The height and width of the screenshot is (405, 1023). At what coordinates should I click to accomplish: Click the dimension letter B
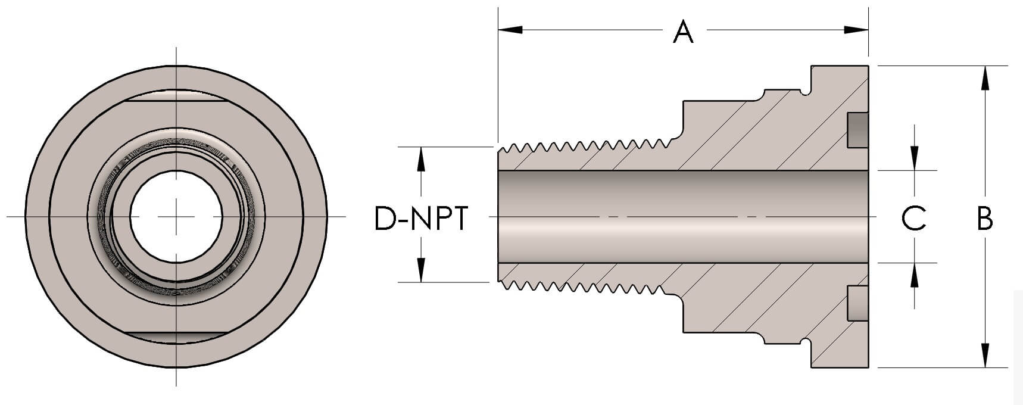point(985,219)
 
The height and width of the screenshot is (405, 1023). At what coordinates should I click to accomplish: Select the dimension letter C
point(913,219)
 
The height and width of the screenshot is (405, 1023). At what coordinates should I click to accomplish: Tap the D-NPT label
point(421,219)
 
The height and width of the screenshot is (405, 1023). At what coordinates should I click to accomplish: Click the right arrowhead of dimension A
point(857,29)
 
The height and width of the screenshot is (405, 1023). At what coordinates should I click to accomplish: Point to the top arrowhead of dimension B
point(985,77)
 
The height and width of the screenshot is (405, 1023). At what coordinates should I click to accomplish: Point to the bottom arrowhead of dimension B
point(985,356)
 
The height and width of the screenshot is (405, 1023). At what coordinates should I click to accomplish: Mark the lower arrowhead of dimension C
point(915,274)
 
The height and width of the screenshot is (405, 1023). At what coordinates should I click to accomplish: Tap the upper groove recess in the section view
point(857,130)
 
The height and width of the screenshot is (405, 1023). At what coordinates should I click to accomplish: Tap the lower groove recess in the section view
point(857,303)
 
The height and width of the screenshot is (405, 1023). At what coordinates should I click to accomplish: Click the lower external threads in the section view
point(587,287)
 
